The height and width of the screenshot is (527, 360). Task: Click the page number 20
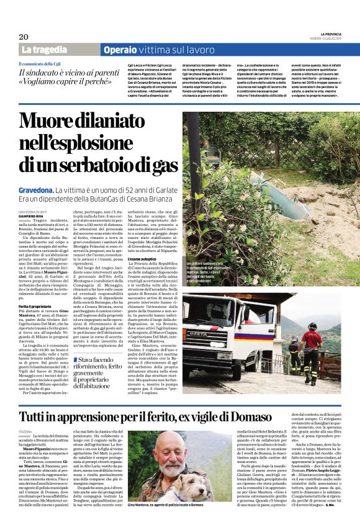[23, 37]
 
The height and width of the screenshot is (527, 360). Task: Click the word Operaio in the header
[120, 50]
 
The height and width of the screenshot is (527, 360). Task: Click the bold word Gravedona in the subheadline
[35, 189]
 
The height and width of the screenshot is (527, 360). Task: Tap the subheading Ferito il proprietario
[34, 307]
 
